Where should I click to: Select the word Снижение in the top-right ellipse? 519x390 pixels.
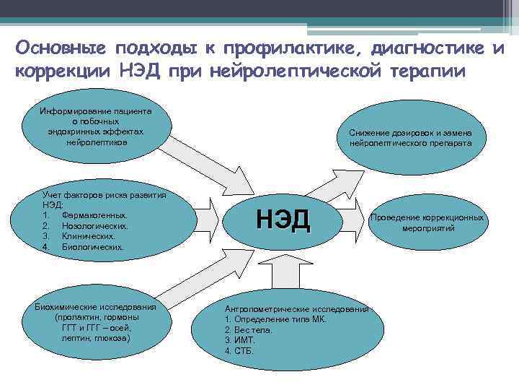click(x=368, y=133)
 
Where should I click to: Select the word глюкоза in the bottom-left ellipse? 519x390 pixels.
click(x=115, y=337)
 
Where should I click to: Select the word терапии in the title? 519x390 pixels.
click(x=428, y=73)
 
